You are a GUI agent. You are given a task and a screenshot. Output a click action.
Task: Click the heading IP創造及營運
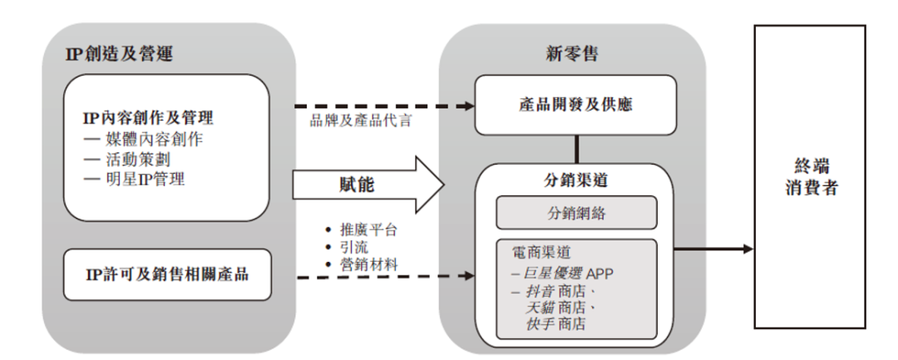(119, 54)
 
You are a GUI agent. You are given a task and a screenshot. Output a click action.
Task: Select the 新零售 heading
(572, 54)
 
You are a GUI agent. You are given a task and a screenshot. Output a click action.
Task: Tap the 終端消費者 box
(809, 176)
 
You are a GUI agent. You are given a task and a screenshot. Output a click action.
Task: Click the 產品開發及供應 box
(575, 106)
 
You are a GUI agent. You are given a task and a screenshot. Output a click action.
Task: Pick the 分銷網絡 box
(576, 213)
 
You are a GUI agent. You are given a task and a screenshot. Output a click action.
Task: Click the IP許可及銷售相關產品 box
(167, 274)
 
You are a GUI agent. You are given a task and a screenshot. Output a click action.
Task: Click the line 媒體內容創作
(143, 139)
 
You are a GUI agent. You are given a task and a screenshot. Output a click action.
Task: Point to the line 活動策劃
(126, 159)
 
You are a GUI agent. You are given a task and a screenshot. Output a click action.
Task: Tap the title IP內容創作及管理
(148, 118)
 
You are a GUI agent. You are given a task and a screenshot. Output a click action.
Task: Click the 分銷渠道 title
(576, 182)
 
